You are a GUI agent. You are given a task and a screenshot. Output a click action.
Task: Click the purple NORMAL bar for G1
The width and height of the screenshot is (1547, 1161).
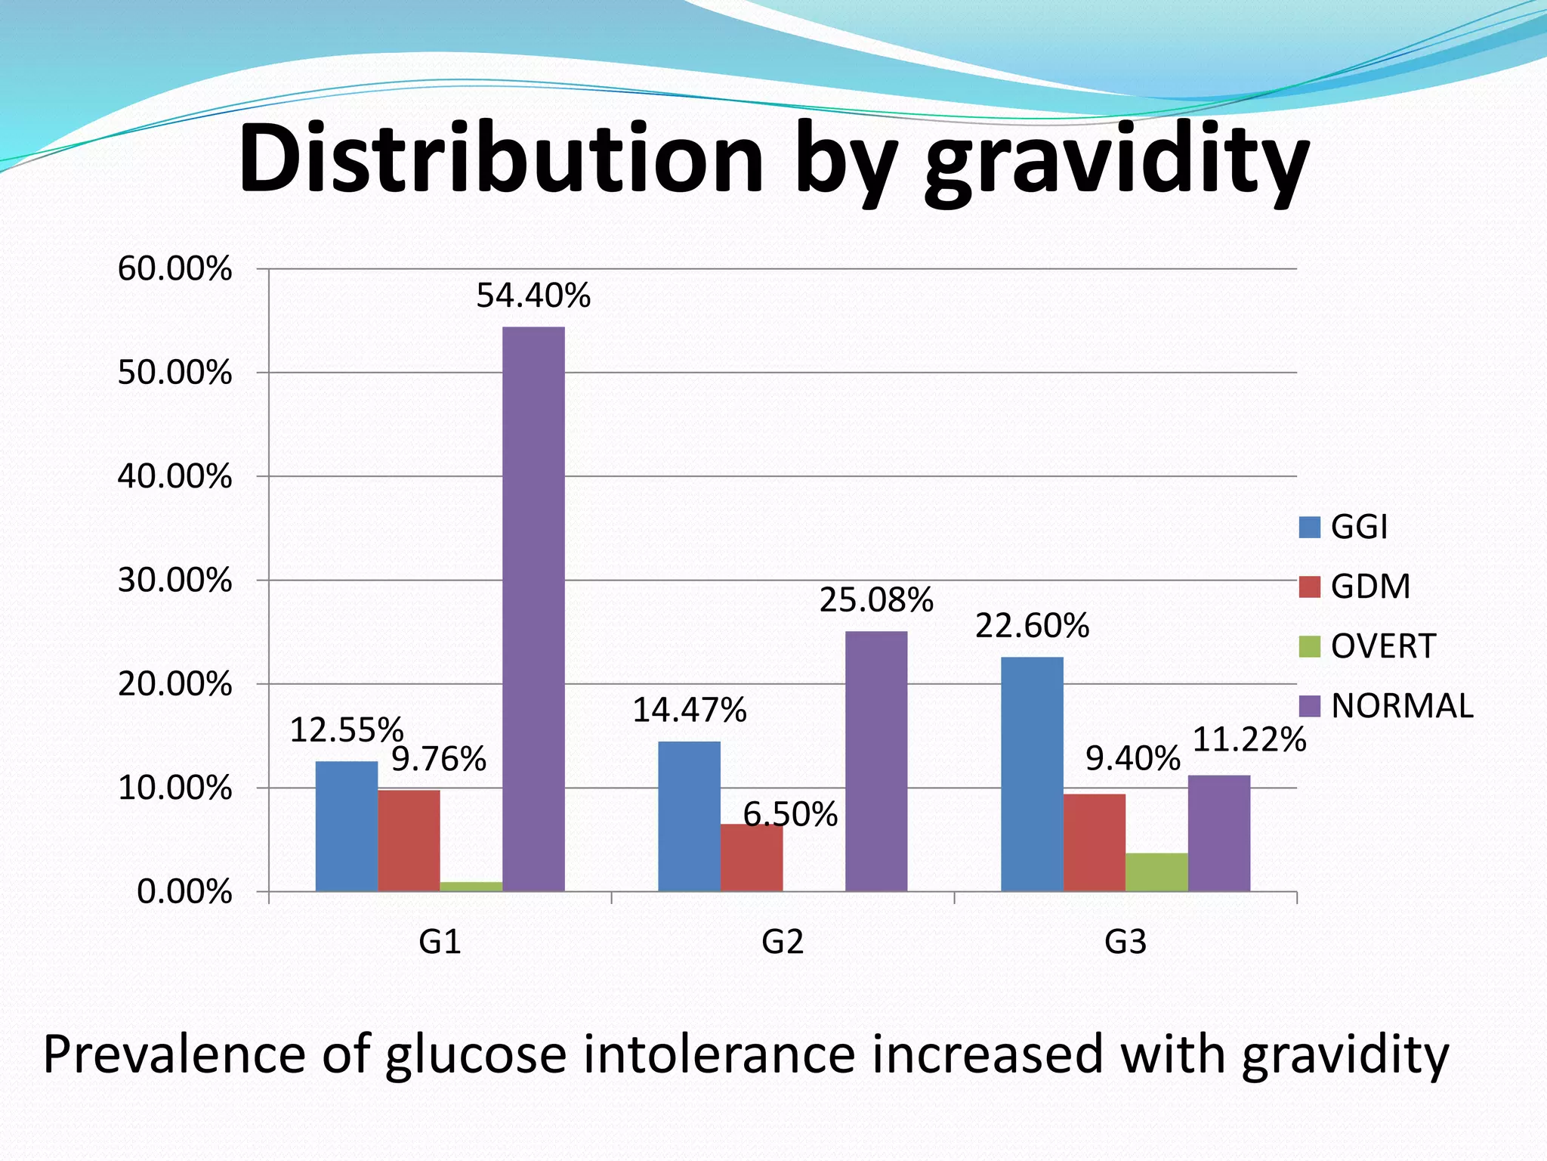[x=533, y=608]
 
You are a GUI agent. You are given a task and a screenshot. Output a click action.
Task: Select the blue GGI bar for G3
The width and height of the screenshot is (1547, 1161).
[x=1032, y=774]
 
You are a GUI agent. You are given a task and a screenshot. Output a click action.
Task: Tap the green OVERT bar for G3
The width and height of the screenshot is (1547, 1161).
[x=1156, y=872]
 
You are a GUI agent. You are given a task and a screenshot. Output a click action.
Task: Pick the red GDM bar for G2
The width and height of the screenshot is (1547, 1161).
[x=752, y=858]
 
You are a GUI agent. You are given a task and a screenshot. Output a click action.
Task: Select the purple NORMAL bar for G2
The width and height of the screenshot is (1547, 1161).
[x=876, y=761]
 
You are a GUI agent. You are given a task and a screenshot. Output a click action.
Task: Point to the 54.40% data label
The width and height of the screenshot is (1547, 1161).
[x=533, y=296]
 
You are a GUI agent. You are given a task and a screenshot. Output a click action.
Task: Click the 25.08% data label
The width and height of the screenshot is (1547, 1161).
[x=876, y=600]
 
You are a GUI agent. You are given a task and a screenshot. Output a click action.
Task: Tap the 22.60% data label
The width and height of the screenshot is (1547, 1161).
[x=1032, y=626]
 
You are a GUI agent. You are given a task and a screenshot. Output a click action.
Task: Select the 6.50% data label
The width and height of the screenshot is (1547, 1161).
[x=790, y=814]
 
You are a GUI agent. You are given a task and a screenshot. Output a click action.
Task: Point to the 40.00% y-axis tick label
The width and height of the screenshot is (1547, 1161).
[x=174, y=477]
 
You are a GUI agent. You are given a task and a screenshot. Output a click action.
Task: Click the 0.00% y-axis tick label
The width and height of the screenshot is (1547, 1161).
[x=184, y=892]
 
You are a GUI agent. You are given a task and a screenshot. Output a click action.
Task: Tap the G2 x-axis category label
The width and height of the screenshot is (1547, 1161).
[x=783, y=942]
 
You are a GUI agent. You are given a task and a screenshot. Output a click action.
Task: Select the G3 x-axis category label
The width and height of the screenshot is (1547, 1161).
[x=1126, y=942]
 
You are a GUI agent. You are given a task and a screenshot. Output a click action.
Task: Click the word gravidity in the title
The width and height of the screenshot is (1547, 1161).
[x=1116, y=163]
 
